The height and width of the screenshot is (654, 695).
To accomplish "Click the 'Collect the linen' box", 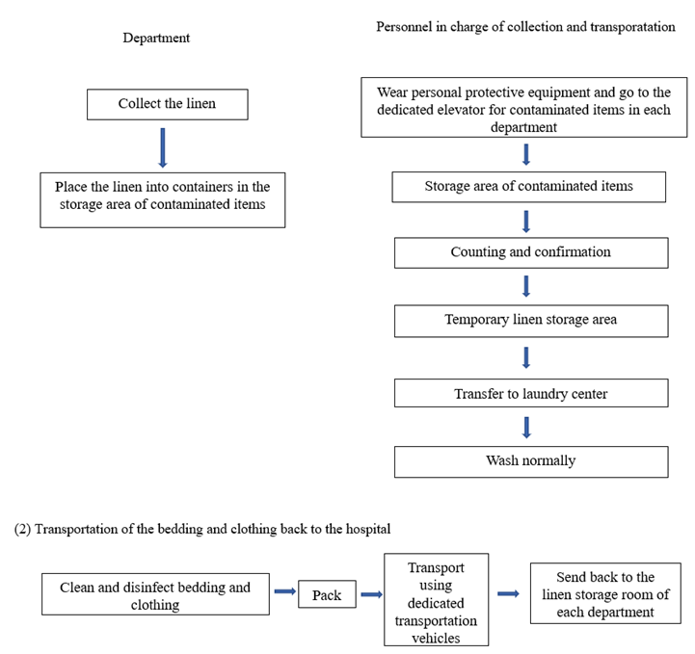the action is pos(168,104).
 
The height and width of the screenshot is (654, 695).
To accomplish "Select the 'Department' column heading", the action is pos(156,39).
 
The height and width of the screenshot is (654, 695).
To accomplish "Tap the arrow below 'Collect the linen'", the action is pos(163,148).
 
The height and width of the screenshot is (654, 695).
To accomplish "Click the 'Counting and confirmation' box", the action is pos(531,252).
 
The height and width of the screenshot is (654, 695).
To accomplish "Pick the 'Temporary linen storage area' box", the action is pos(531,321).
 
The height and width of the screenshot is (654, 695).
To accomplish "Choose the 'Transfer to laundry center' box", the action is pos(531,393).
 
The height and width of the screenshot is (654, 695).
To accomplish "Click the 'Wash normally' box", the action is pos(531,461).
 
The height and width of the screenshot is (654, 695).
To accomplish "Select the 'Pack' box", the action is pos(327,594).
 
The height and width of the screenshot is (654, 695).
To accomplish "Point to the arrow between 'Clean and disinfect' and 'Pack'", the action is pos(285,591).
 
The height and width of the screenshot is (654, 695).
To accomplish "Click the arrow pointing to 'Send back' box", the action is pos(508,593).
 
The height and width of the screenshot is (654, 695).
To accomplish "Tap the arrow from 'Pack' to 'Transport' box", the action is pos(371,594).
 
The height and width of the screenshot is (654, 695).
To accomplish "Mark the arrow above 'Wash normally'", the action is pos(526,428).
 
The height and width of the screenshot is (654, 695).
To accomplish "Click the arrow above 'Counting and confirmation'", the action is pos(526,222).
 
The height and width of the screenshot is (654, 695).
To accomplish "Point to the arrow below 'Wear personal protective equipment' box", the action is pos(526,154).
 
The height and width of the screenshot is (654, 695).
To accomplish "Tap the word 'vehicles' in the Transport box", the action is pos(436,638).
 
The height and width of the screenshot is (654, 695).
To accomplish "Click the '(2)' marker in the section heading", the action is pos(22,529).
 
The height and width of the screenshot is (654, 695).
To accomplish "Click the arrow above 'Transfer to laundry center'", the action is pos(526,357).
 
